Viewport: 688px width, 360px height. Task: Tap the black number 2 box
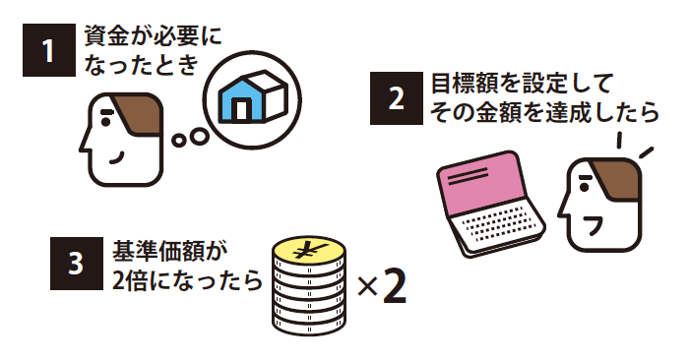[393, 99]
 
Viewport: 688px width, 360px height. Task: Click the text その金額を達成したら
[541, 112]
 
